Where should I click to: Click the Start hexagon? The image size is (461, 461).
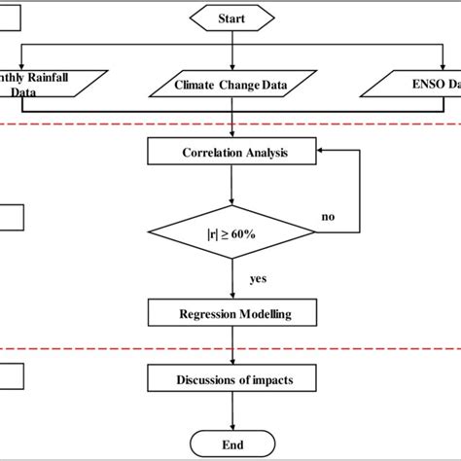pos(231,18)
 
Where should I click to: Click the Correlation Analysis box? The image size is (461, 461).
pos(231,153)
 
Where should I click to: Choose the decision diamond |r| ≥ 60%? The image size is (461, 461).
pos(231,232)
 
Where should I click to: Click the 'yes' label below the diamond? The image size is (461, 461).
pos(257,278)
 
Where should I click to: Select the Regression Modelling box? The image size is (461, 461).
pos(231,314)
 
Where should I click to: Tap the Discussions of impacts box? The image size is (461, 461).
pos(231,378)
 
